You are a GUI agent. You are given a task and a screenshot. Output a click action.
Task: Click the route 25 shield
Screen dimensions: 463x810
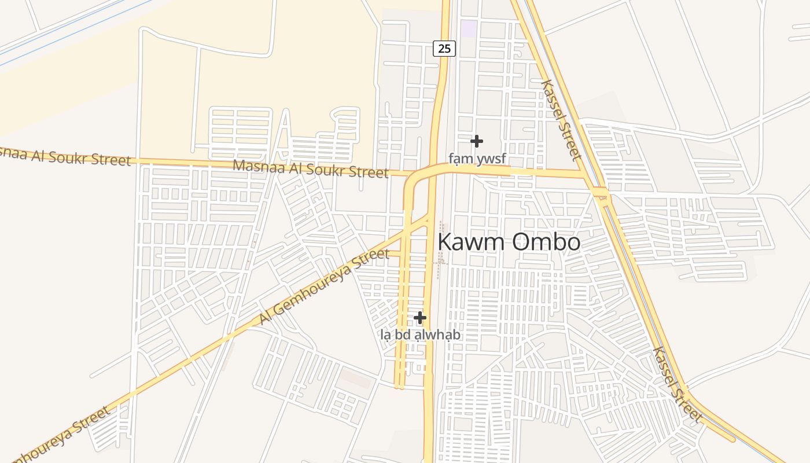click(444, 49)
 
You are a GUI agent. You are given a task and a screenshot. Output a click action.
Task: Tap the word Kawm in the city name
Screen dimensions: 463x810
click(470, 242)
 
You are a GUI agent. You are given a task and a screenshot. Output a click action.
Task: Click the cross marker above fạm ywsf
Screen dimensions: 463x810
click(477, 141)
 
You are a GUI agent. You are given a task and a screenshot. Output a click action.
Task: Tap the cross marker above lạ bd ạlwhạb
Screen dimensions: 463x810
click(420, 318)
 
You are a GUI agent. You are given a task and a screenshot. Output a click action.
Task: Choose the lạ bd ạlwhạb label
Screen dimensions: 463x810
click(421, 335)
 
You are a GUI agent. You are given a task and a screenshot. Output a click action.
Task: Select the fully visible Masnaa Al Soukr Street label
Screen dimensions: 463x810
click(310, 168)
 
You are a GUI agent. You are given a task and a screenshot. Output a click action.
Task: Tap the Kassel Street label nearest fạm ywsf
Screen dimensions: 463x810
click(560, 120)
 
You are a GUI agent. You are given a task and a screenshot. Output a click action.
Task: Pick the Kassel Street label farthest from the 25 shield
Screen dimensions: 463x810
click(677, 384)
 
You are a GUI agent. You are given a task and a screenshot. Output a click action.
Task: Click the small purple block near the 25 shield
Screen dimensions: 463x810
click(469, 28)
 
